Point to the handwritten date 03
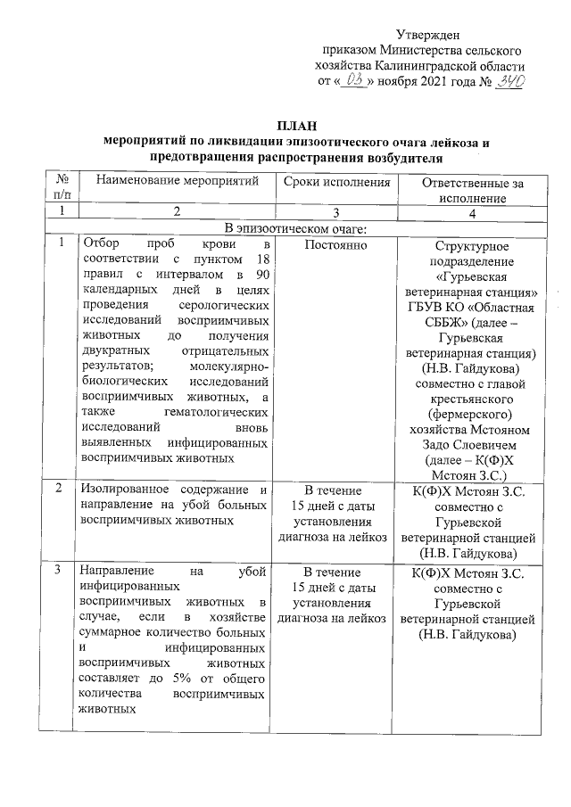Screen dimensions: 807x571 [x=353, y=81]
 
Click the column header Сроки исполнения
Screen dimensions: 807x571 [x=336, y=182]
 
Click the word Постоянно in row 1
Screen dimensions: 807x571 [x=335, y=244]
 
